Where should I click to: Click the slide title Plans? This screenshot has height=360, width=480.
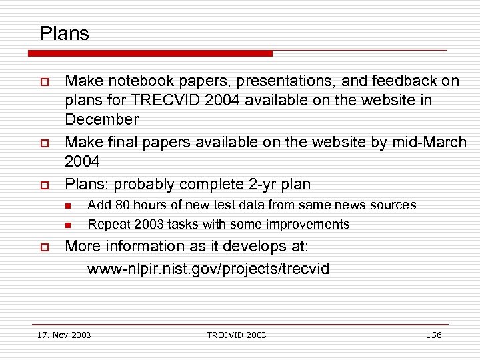64,33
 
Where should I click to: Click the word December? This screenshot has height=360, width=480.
101,120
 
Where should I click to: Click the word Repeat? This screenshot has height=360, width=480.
107,224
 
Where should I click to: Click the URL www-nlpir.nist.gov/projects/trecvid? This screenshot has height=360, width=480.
208,269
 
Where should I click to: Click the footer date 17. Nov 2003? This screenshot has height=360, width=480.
65,335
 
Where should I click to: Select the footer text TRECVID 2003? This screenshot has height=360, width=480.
237,335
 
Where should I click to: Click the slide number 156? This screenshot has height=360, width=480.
434,335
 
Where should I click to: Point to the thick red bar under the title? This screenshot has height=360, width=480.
153,53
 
